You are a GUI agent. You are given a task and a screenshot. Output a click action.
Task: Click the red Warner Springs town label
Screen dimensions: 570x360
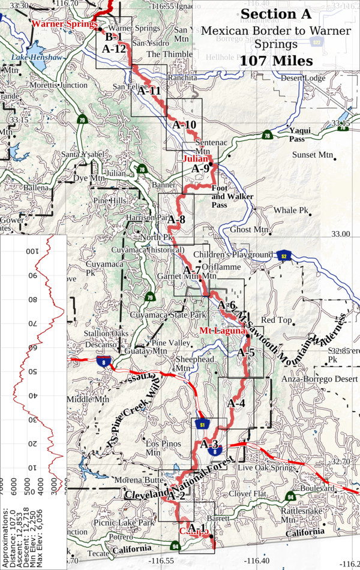(x=65, y=25)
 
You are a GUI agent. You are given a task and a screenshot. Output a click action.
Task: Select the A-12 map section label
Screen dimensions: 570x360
(x=113, y=49)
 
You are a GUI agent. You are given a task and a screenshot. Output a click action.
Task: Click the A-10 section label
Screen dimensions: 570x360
(x=184, y=125)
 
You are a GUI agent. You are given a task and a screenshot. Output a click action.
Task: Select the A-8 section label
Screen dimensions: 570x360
(x=176, y=220)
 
